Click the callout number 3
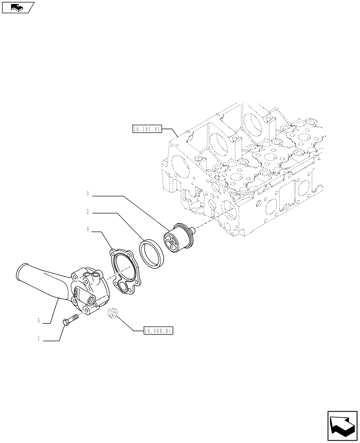coord(88,194)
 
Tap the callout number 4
coord(88,229)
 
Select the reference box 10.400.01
coord(158,330)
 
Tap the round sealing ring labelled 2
coord(152,252)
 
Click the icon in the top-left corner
coord(18,7)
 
